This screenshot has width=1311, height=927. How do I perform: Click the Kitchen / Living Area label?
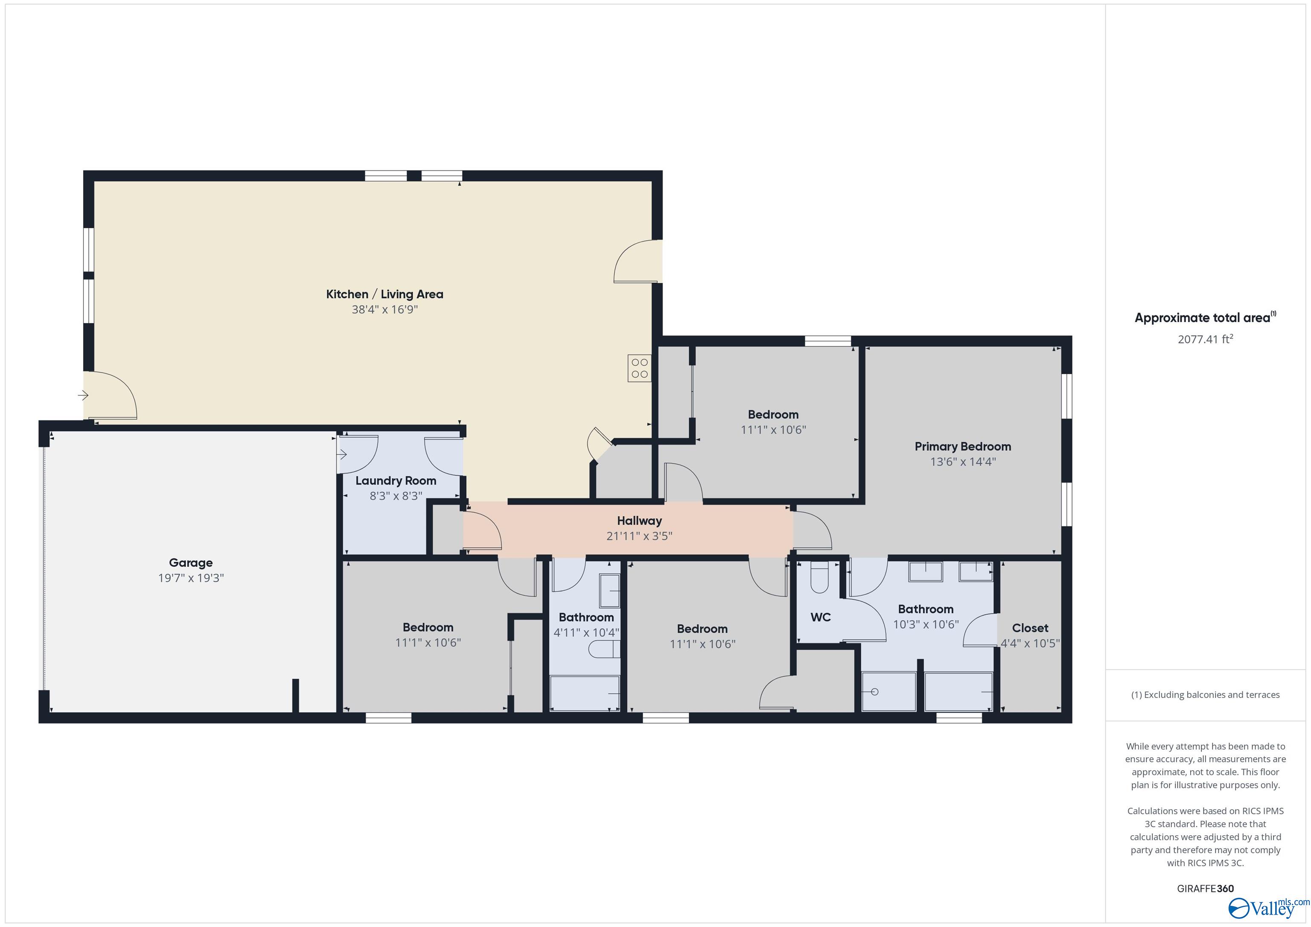pos(384,294)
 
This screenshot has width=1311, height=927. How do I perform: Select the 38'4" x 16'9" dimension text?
pos(384,309)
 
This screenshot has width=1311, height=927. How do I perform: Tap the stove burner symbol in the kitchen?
pos(640,368)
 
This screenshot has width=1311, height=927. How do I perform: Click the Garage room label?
pos(191,562)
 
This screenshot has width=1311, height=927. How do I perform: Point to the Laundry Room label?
pos(395,481)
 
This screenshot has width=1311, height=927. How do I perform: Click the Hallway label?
pos(639,520)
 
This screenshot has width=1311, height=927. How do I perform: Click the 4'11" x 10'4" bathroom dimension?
pos(586,633)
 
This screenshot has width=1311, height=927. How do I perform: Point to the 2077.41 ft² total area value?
pos(1205,339)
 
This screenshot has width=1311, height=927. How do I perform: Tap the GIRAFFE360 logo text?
pos(1205,888)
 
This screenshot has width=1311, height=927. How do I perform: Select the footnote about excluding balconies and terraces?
pos(1205,695)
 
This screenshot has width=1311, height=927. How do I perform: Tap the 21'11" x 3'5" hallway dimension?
pos(639,536)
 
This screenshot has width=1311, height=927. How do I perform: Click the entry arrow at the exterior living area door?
pos(83,395)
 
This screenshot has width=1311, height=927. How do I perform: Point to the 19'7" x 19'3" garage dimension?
pos(191,578)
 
